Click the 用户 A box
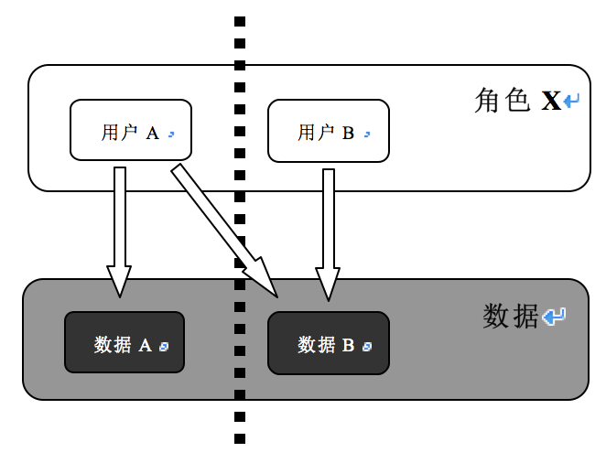tap(131, 129)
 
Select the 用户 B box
tap(328, 129)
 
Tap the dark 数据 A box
tap(124, 343)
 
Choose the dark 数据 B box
tap(328, 343)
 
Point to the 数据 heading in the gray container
tap(510, 317)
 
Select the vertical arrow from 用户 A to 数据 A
tap(119, 220)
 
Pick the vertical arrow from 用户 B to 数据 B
tap(327, 220)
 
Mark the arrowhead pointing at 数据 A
tap(119, 282)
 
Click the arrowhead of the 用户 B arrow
tap(327, 283)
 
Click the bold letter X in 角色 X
tap(551, 102)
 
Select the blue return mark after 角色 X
tap(572, 102)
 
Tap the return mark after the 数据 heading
tap(554, 318)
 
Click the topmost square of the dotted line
tap(240, 21)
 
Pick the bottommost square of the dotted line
tap(240, 439)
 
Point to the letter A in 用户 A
tap(153, 134)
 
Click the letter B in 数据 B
tap(349, 346)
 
